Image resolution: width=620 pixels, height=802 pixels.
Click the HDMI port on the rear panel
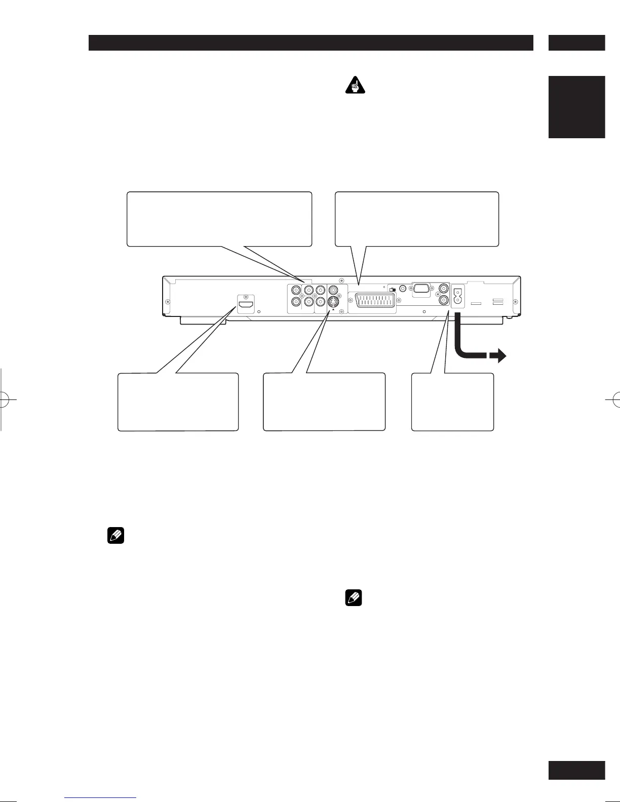[x=246, y=307]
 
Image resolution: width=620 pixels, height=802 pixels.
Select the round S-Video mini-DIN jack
[x=333, y=302]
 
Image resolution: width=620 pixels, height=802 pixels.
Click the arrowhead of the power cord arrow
[x=500, y=356]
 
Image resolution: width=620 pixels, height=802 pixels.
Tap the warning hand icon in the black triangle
[x=356, y=86]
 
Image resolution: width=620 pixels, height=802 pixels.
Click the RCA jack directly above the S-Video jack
[x=333, y=291]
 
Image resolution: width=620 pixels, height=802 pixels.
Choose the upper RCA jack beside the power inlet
[x=444, y=288]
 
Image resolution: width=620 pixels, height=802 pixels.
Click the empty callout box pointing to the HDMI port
[x=178, y=402]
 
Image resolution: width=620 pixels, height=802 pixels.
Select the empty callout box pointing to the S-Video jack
[x=324, y=402]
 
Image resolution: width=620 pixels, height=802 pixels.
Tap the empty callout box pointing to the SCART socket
[x=417, y=219]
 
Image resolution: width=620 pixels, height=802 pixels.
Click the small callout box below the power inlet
[x=452, y=402]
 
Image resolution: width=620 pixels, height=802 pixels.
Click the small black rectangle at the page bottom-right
[x=576, y=770]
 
